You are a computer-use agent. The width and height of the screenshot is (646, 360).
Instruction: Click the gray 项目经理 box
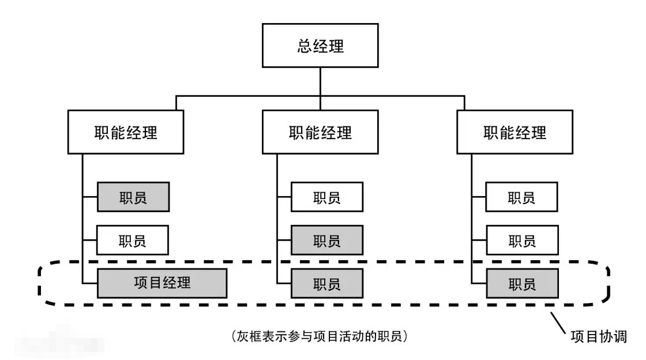161,283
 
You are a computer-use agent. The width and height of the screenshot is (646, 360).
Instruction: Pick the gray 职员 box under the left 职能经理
133,198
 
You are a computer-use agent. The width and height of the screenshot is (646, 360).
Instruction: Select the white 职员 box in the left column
133,240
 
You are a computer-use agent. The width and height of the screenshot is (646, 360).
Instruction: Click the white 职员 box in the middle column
327,198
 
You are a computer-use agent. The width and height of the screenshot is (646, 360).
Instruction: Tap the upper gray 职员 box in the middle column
327,240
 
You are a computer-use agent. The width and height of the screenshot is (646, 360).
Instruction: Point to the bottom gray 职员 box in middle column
327,283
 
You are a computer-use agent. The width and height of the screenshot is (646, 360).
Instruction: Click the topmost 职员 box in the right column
521,198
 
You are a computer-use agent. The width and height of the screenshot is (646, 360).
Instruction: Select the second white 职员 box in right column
521,240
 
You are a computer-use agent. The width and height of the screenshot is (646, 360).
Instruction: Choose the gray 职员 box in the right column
521,283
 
